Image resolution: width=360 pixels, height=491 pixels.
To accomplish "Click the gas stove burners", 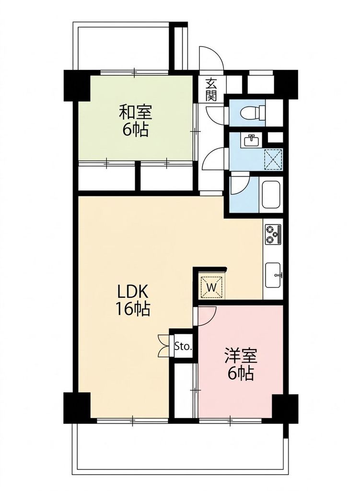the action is [x=273, y=234].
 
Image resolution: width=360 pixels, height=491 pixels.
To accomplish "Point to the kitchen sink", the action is [x=273, y=275].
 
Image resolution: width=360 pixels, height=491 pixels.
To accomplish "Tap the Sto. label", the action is [x=183, y=346].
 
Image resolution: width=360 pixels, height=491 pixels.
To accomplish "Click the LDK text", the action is [x=132, y=292].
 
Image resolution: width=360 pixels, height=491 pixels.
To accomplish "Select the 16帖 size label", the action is [x=133, y=309].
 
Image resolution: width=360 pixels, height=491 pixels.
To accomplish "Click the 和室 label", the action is [x=136, y=113].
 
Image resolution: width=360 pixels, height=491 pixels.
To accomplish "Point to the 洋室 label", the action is [x=241, y=356].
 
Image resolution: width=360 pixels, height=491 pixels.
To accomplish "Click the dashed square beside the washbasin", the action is [x=273, y=159].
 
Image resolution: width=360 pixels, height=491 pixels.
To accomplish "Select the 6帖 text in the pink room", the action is [x=241, y=373].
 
